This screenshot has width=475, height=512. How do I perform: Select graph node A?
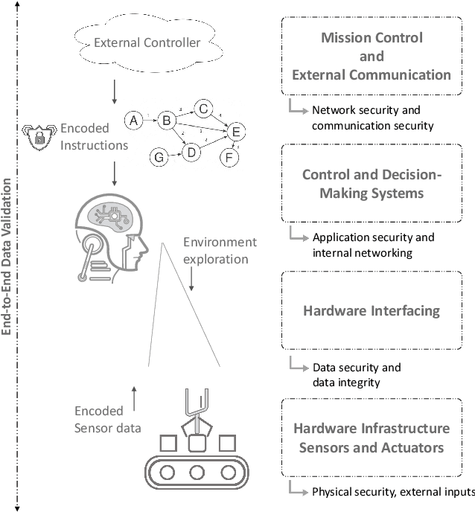pyautogui.click(x=133, y=119)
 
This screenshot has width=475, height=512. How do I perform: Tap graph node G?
pyautogui.click(x=158, y=157)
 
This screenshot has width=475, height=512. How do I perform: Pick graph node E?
pyautogui.click(x=236, y=132)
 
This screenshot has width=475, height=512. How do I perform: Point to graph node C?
pyautogui.click(x=203, y=109)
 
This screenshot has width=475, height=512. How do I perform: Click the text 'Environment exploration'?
pyautogui.click(x=220, y=252)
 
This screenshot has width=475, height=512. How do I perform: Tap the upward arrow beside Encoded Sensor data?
pyautogui.click(x=133, y=398)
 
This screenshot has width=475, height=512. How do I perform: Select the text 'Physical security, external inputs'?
pyautogui.click(x=392, y=492)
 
